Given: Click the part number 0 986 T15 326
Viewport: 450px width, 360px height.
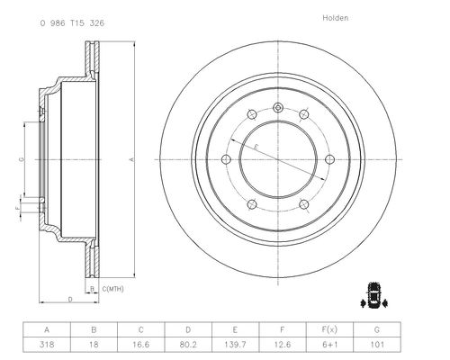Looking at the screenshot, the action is click(72, 23).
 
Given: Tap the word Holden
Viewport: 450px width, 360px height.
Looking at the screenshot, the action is click(336, 18).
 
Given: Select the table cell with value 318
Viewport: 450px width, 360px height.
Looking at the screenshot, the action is click(47, 344).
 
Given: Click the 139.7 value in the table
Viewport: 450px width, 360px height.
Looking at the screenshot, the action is click(235, 344).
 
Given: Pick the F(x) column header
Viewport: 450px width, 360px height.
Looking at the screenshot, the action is click(329, 329).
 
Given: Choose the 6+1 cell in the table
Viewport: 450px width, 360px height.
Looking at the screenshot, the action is click(329, 345).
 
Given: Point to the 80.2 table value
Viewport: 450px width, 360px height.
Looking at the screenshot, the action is click(188, 344).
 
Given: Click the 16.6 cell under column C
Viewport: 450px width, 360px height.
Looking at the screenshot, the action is click(141, 344).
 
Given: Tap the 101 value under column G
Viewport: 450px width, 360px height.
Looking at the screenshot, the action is click(377, 344).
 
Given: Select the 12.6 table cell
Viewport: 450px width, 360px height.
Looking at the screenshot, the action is click(283, 344).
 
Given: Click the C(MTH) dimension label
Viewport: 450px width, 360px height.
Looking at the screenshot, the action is click(112, 289).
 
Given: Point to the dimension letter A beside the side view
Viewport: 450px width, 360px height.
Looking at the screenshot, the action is click(131, 159).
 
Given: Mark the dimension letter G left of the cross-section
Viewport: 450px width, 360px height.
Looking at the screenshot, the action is click(22, 159).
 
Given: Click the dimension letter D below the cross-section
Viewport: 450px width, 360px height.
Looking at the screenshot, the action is click(70, 299).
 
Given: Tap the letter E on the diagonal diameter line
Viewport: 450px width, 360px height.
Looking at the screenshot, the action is click(256, 147).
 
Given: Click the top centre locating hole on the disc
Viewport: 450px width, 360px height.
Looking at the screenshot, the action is click(278, 107).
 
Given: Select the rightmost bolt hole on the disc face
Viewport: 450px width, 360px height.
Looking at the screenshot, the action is click(330, 159).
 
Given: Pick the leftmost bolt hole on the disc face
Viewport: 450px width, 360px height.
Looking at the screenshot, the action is click(226, 159).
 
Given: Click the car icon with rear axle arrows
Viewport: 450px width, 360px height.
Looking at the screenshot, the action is click(373, 295).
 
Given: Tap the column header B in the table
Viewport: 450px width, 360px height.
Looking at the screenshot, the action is click(94, 329).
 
